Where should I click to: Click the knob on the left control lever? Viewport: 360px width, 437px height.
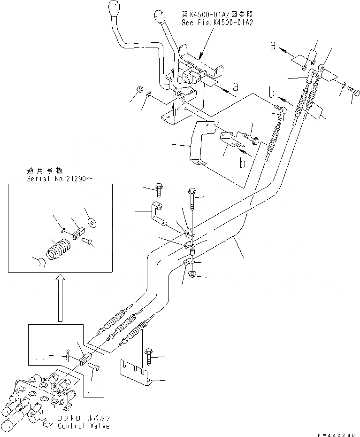[115, 10]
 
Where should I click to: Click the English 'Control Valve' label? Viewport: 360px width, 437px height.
[84, 426]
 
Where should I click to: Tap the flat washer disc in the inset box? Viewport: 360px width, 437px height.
[92, 220]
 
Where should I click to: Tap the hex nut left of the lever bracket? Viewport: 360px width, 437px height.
[139, 89]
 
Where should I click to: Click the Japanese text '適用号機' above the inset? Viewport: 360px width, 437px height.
[46, 171]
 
